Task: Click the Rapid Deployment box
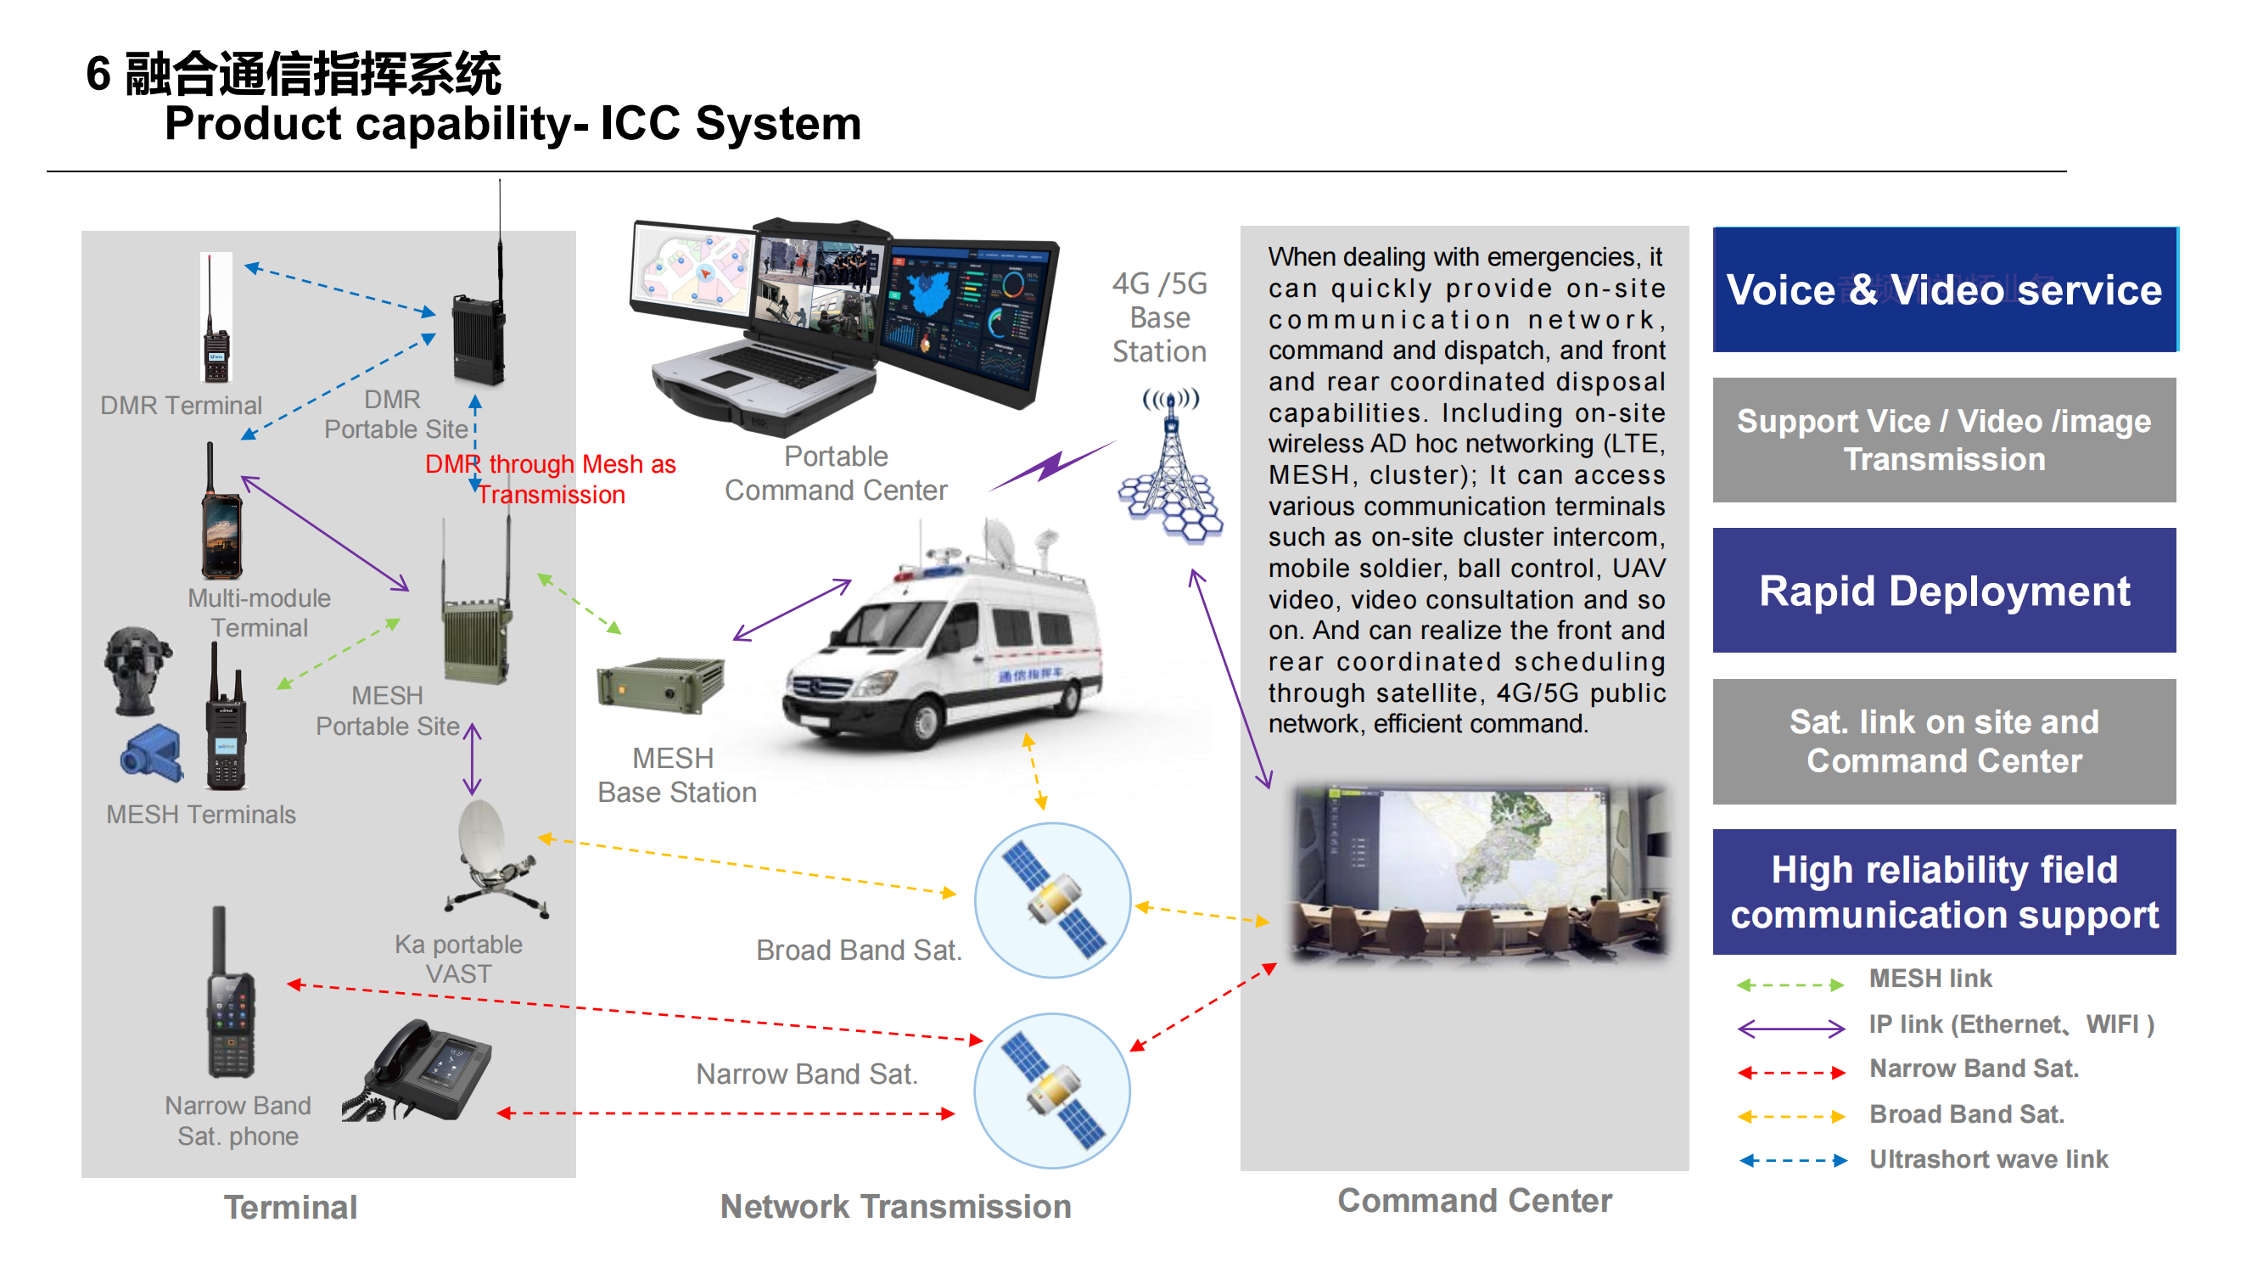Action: click(x=1943, y=591)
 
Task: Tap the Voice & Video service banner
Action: click(x=1943, y=289)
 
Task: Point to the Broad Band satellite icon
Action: click(x=1052, y=900)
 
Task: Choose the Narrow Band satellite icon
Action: click(x=1052, y=1091)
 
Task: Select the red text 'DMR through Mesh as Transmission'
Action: click(x=551, y=479)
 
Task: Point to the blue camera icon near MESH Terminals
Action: click(x=152, y=754)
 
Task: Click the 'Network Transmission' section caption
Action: click(x=895, y=1206)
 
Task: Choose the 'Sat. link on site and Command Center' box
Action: click(x=1943, y=741)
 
